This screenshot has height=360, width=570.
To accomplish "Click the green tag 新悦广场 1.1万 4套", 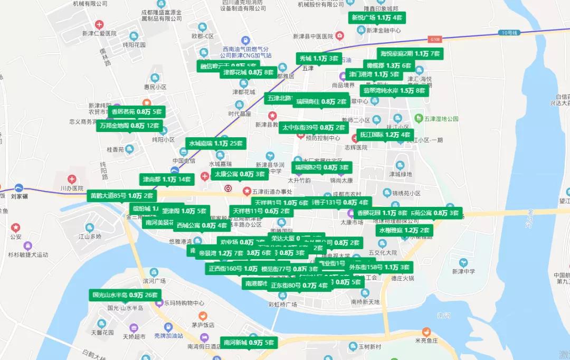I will pos(377,18).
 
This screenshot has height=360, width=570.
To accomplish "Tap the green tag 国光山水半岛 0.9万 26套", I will pos(125,295).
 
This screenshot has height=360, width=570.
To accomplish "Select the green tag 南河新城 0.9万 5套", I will pos(249,343).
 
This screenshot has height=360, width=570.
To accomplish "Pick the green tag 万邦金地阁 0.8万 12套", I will pos(129,126).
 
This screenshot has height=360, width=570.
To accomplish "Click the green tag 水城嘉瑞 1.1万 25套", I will pos(216,143).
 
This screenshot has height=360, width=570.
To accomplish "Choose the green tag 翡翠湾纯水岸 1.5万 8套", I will pos(394,90).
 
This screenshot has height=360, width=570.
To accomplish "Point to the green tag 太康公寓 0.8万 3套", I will pos(240,174).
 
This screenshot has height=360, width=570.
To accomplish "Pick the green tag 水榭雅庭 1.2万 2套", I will pos(404,230).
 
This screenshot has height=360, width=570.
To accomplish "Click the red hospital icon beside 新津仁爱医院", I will pos(99,25).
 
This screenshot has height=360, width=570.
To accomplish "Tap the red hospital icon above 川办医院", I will pos(72,179).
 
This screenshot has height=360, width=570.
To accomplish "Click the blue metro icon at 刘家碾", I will pos(19,187).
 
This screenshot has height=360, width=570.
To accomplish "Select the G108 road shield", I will pos(434,40).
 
